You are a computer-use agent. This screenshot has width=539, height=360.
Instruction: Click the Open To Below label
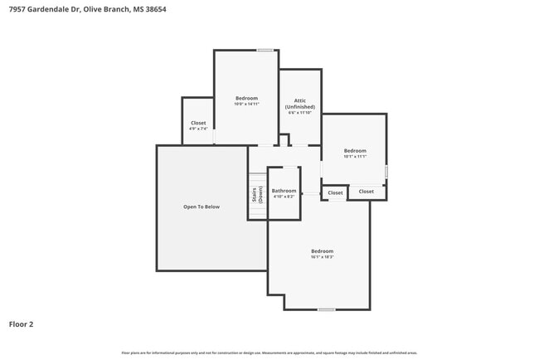pos(202,207)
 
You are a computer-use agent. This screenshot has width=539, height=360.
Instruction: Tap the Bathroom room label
pos(284,191)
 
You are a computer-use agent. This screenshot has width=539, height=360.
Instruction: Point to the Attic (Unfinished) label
pos(300,104)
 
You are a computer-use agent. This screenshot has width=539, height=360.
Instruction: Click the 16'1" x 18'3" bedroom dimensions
pos(322,257)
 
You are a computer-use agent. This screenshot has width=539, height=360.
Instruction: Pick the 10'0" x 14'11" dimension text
pos(246,104)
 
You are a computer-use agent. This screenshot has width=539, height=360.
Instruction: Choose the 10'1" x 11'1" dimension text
pos(355,156)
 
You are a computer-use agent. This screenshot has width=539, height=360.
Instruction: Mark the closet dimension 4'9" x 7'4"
pos(198,129)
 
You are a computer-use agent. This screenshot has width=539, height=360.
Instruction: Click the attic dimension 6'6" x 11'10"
pos(300,113)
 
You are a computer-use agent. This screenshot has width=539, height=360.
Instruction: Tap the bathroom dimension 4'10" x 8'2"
pos(284,197)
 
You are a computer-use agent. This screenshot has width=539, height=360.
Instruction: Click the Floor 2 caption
pos(21,324)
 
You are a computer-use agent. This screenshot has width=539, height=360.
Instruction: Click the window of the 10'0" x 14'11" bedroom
pos(265,51)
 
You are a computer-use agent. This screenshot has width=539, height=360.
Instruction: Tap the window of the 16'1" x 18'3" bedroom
pos(327,309)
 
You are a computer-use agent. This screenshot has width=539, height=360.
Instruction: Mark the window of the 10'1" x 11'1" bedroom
pos(386,171)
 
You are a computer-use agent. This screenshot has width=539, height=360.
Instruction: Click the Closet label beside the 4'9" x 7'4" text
pos(198,123)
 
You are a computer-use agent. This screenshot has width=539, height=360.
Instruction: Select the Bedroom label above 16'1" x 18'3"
pos(322,251)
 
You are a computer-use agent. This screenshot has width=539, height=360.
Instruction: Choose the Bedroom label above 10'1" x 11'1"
pos(355,150)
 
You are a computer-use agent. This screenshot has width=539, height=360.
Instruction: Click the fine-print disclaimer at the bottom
pos(269,353)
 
